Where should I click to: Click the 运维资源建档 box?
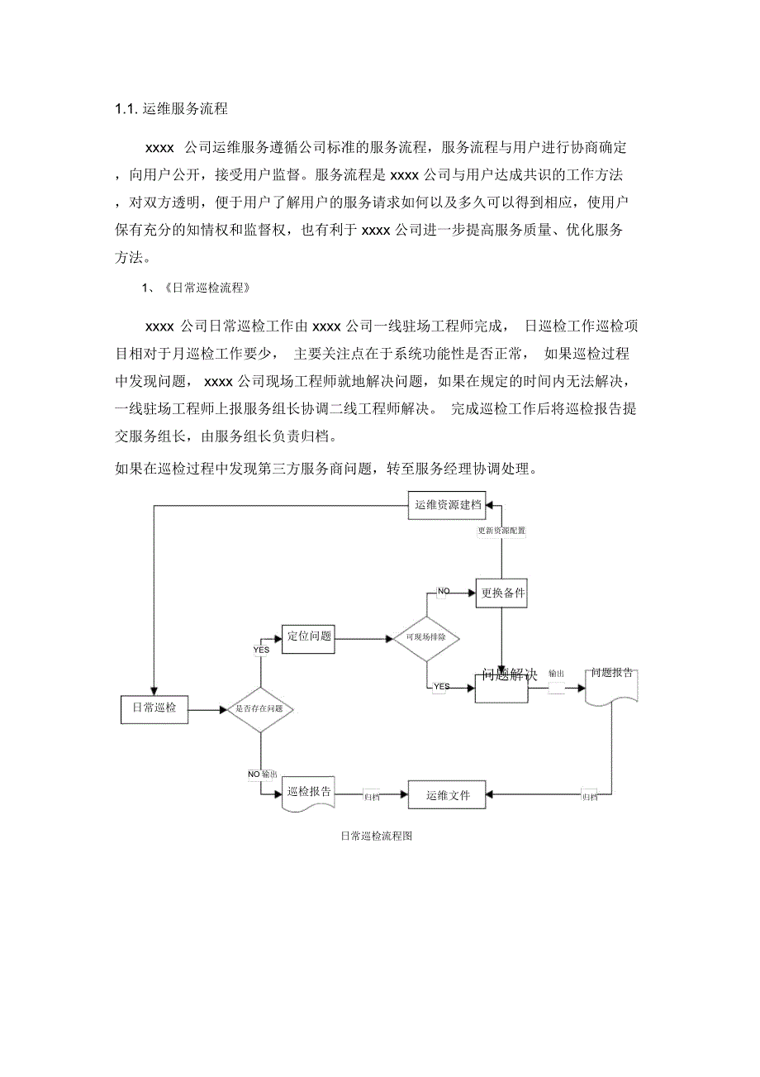pos(447,505)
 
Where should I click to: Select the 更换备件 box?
pos(501,593)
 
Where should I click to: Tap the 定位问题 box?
pos(309,637)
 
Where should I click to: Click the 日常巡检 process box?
pos(154,709)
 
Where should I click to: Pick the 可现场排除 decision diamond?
pos(426,639)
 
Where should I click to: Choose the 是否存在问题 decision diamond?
pos(260,709)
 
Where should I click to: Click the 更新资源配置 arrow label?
pos(501,531)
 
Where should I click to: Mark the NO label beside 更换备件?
pos(444,591)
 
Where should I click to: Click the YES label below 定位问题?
pos(260,650)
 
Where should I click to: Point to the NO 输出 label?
pos(263,774)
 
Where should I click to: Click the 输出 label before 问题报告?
pos(556,674)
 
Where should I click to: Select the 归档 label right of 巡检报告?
pos(373,797)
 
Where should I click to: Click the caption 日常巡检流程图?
pos(376,836)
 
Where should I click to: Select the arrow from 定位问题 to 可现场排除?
pos(363,638)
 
